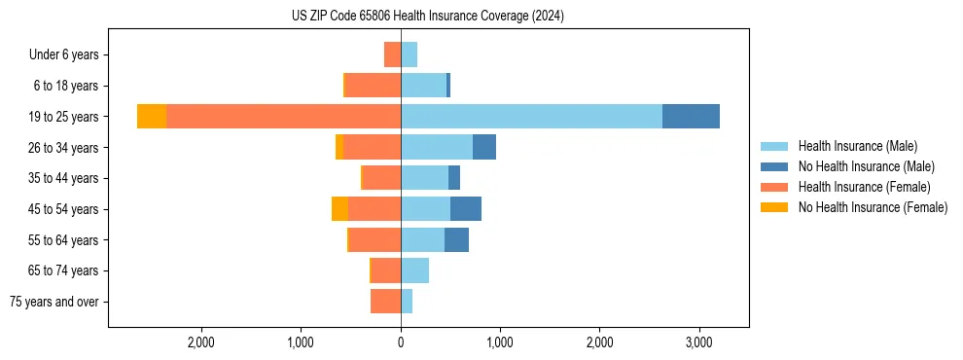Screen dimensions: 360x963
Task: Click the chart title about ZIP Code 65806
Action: click(427, 16)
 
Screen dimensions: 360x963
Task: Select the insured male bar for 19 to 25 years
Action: click(531, 116)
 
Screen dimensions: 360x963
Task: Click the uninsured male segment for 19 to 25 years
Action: click(691, 116)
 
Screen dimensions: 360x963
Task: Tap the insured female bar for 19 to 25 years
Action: click(283, 116)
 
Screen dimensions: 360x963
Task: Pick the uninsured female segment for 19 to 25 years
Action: click(152, 116)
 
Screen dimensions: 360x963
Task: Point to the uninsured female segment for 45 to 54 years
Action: click(339, 208)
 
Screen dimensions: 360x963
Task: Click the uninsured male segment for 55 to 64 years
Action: click(456, 239)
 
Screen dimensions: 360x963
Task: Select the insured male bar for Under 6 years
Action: click(409, 54)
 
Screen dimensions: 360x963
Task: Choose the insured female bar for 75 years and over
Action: click(385, 302)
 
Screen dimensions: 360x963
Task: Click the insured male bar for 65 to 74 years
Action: click(414, 270)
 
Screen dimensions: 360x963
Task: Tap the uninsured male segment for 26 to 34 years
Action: click(484, 147)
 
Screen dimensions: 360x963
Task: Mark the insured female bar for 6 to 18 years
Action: click(373, 85)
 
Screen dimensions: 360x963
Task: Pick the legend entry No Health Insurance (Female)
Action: click(872, 207)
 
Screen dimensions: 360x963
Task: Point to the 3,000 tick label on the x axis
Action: click(698, 342)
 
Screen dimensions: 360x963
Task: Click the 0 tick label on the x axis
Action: click(401, 342)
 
